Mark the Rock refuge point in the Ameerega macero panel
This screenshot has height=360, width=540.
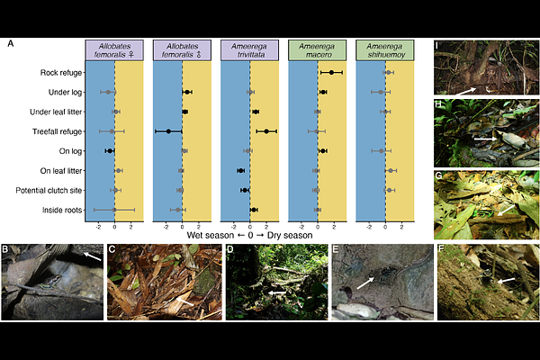click(x=331, y=73)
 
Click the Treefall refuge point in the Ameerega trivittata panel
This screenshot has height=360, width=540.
click(x=266, y=131)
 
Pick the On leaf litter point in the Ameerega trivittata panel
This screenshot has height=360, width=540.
click(x=240, y=170)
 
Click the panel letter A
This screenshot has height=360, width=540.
click(x=12, y=43)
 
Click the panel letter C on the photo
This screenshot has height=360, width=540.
click(x=112, y=249)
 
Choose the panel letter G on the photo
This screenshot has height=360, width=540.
click(x=438, y=176)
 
